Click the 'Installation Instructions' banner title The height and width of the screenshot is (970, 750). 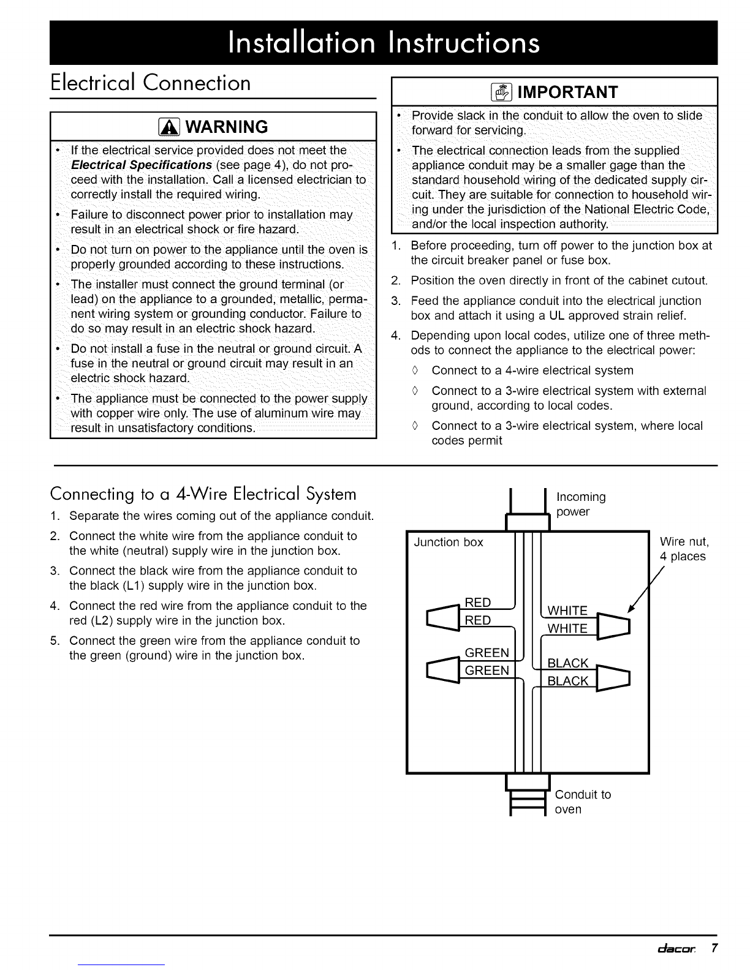pos(384,42)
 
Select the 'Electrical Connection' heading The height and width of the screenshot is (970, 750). pos(151,83)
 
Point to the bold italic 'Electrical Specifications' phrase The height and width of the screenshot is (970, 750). pos(142,165)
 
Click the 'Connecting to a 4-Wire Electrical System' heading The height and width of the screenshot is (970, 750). pos(203,494)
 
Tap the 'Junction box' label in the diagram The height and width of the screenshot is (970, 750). pos(449,542)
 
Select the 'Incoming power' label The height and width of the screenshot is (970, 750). pos(580,503)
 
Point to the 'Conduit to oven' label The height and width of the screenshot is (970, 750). pos(582,802)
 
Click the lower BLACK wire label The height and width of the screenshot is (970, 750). pos(567,681)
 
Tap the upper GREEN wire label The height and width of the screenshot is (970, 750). pos(487,652)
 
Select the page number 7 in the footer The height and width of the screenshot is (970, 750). pos(714,949)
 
